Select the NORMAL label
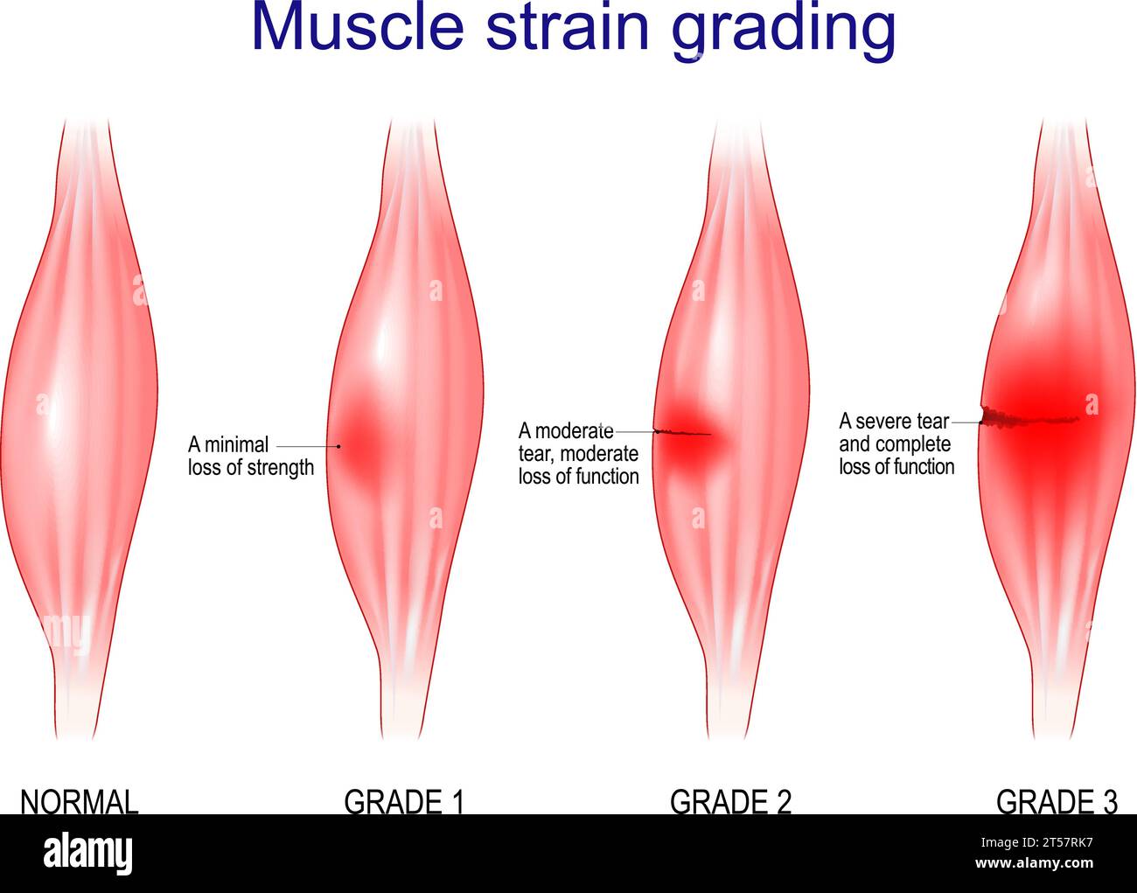click(80, 801)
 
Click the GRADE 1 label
click(404, 801)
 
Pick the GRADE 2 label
click(730, 801)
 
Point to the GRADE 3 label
click(1057, 801)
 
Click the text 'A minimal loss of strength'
click(250, 456)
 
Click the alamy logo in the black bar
click(87, 853)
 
